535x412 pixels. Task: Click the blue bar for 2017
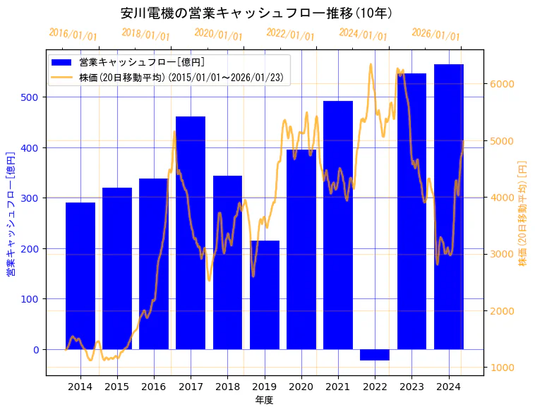coord(191,233)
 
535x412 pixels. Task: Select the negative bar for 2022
coord(375,355)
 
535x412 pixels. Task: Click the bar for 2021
coord(338,225)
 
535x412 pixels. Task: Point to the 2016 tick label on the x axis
coord(154,387)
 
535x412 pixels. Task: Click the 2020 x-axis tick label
coord(301,387)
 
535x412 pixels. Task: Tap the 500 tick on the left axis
coord(34,97)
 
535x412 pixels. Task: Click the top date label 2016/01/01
coord(73,35)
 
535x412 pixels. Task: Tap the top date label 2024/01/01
coord(363,34)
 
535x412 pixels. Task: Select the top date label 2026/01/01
coord(435,35)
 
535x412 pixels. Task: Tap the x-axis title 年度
coord(264,400)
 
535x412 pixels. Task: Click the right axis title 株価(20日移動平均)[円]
coord(522,212)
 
